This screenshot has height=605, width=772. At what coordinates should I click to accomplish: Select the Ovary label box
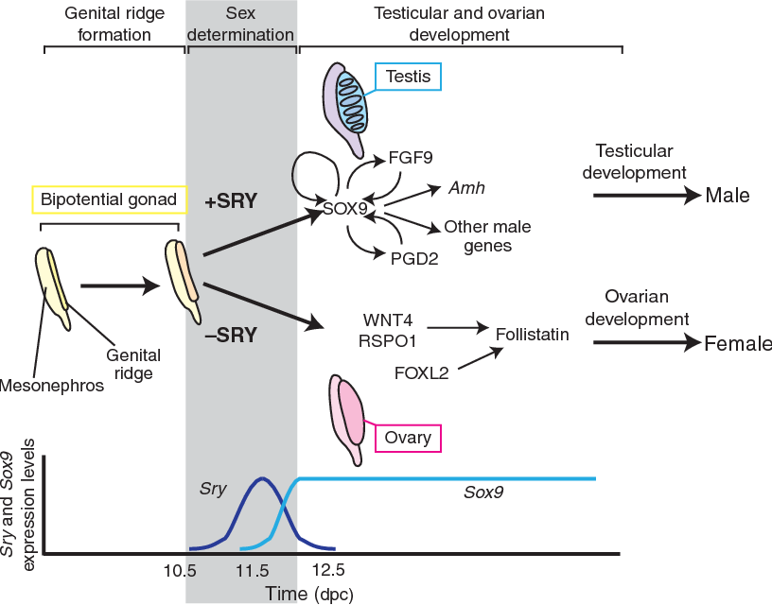coord(409,439)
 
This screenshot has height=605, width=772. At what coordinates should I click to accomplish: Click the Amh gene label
coord(467,188)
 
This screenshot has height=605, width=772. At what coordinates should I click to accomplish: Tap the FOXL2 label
coord(421,373)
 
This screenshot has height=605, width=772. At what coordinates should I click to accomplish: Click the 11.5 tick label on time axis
coord(254,570)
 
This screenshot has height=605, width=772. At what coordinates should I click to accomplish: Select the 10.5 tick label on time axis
coord(179,570)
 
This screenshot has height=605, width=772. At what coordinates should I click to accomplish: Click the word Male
coord(727,196)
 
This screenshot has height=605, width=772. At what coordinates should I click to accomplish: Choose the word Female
coord(737,344)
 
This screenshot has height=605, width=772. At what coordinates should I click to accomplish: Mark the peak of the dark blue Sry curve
coord(262,479)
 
